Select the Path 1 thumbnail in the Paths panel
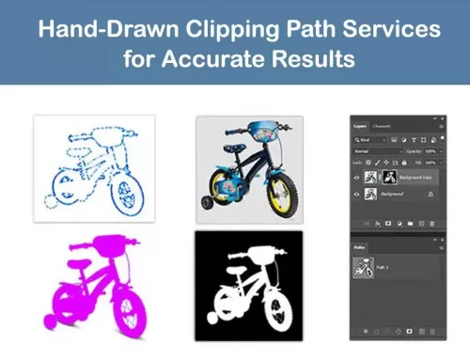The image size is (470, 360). point(361,267)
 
